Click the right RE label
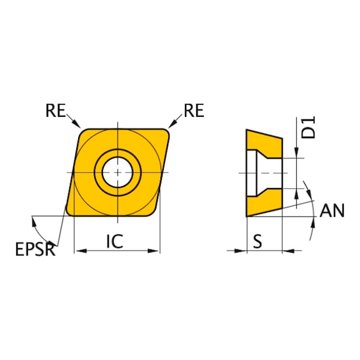point(193,111)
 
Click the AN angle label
point(332,211)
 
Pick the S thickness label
point(257,241)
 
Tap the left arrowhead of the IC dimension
point(78,251)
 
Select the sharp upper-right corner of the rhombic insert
point(170,131)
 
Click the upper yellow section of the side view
point(262,141)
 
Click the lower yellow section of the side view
point(262,203)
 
